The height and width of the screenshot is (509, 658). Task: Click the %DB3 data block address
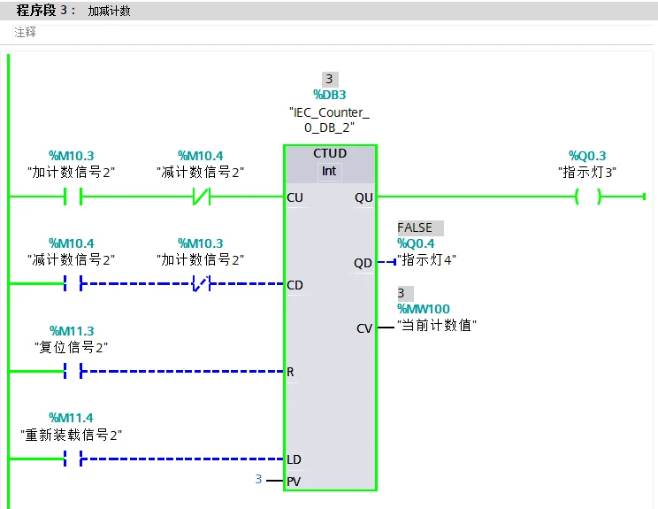point(330,95)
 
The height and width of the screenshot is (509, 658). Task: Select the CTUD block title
point(330,154)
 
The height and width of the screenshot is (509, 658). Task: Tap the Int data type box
point(330,171)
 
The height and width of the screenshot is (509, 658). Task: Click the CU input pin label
point(295,197)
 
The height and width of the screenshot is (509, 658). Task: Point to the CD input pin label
point(295,285)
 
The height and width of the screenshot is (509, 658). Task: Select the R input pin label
point(291,372)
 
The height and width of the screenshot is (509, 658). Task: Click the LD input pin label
point(295,459)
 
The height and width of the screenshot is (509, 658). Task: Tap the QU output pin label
point(363,197)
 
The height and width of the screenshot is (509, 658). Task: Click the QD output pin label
point(363,263)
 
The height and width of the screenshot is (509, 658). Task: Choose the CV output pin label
point(364,328)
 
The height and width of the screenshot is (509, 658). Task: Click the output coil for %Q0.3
point(587,197)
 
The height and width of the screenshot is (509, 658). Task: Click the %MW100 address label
point(424,309)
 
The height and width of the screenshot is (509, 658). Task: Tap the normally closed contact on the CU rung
point(201,197)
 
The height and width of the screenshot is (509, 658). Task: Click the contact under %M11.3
point(72,371)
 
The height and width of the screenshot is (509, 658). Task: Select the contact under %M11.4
point(72,459)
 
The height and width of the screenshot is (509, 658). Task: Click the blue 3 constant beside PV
point(258,479)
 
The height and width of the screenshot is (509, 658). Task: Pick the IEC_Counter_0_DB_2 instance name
point(330,120)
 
